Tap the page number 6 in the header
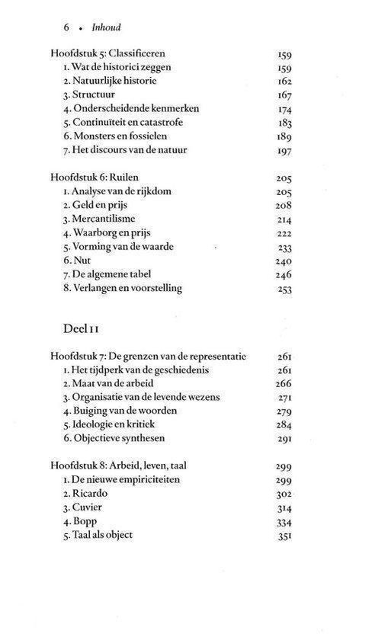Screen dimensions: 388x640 (x=67, y=26)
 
